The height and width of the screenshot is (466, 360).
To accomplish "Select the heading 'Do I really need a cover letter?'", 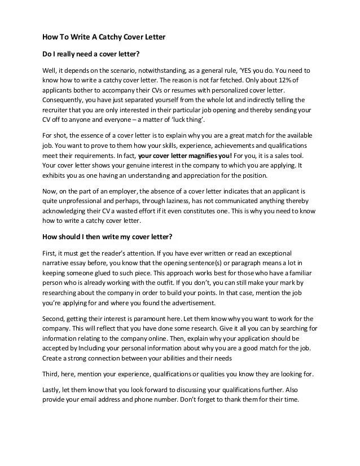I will pyautogui.click(x=91, y=55).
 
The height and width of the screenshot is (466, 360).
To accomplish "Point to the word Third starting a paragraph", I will pyautogui.click(x=52, y=374).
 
